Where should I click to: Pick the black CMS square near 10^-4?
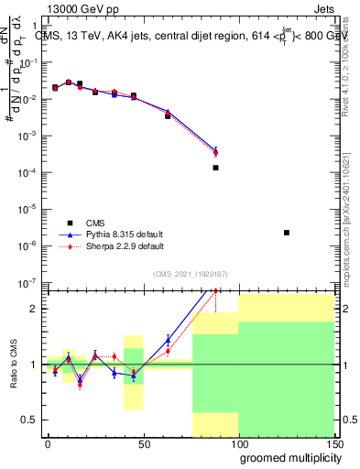[x=215, y=168]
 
